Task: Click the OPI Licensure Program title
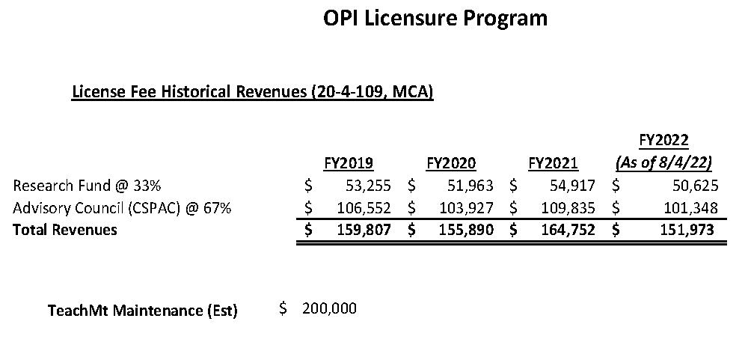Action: click(x=435, y=19)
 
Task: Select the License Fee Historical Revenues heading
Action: click(x=253, y=93)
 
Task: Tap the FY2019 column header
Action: click(x=349, y=163)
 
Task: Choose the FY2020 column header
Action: click(x=451, y=163)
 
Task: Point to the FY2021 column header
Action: click(x=554, y=163)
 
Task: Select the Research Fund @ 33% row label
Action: click(x=88, y=185)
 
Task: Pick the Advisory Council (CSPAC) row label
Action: click(x=122, y=207)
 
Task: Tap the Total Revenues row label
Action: click(x=65, y=230)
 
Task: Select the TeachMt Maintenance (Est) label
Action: click(x=142, y=311)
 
